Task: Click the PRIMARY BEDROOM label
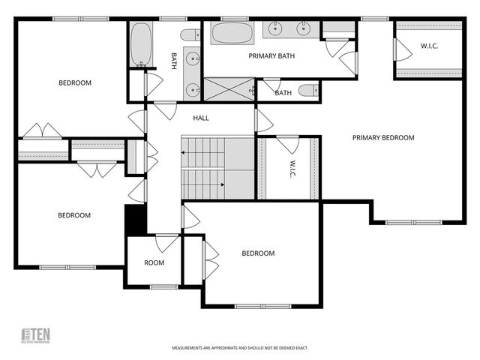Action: [x=383, y=137]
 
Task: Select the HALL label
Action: [x=201, y=118]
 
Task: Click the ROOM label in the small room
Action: [x=154, y=262]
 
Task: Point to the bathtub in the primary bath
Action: [x=232, y=33]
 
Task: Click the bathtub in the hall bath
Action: [x=141, y=45]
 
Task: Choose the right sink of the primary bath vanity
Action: [x=304, y=30]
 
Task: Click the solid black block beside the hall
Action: [x=135, y=219]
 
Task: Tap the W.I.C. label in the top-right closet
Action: [x=429, y=46]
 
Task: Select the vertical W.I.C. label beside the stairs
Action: [x=294, y=169]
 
